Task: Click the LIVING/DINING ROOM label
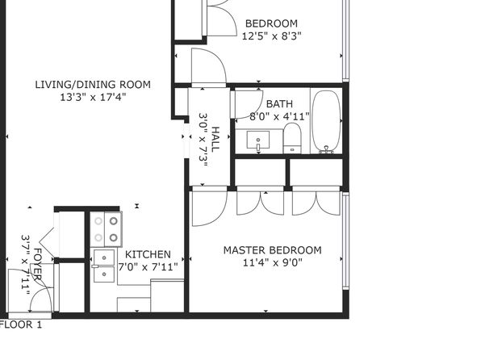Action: [93, 85]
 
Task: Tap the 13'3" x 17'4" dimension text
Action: [93, 98]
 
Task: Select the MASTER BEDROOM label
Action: [273, 250]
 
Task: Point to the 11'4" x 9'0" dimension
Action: [273, 262]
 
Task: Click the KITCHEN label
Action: [148, 254]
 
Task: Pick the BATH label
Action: [279, 104]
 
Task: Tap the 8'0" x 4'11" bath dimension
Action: [279, 116]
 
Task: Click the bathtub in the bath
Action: [326, 122]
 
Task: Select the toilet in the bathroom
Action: [292, 138]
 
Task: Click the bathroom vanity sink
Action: [258, 140]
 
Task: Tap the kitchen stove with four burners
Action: [107, 229]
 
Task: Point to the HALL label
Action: [215, 139]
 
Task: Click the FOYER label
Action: [37, 265]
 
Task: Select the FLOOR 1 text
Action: [20, 324]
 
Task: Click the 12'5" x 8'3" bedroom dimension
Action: [271, 36]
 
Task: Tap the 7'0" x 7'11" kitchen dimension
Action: [148, 267]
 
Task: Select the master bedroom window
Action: [345, 241]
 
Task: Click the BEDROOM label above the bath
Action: [271, 23]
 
